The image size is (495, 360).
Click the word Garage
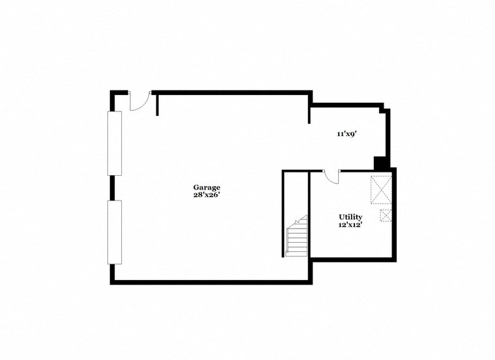(x=206, y=187)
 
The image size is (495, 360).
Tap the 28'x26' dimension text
(x=206, y=195)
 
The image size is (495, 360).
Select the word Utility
(x=350, y=217)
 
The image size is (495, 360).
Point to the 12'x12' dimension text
(x=350, y=225)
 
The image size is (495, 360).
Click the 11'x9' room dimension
(x=346, y=134)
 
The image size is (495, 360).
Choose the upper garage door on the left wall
(x=115, y=143)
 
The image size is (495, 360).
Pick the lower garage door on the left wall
(x=115, y=232)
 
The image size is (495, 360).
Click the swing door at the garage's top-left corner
(x=140, y=101)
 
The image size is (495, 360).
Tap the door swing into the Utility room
(x=332, y=176)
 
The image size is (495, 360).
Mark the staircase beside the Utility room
(x=297, y=237)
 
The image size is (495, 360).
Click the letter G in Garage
(x=195, y=187)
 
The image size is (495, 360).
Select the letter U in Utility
(x=341, y=217)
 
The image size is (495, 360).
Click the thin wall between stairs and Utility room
(x=309, y=215)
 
